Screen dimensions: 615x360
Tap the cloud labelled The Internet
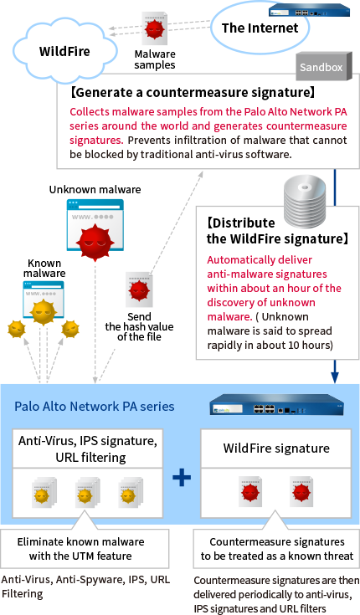point(259,28)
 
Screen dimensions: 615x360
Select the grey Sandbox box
point(322,64)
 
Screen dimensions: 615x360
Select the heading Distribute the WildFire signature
point(276,232)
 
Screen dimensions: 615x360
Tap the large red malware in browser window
point(95,239)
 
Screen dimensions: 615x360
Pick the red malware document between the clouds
point(153,28)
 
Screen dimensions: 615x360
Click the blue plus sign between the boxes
point(182,477)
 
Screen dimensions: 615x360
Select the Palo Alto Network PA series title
point(95,407)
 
